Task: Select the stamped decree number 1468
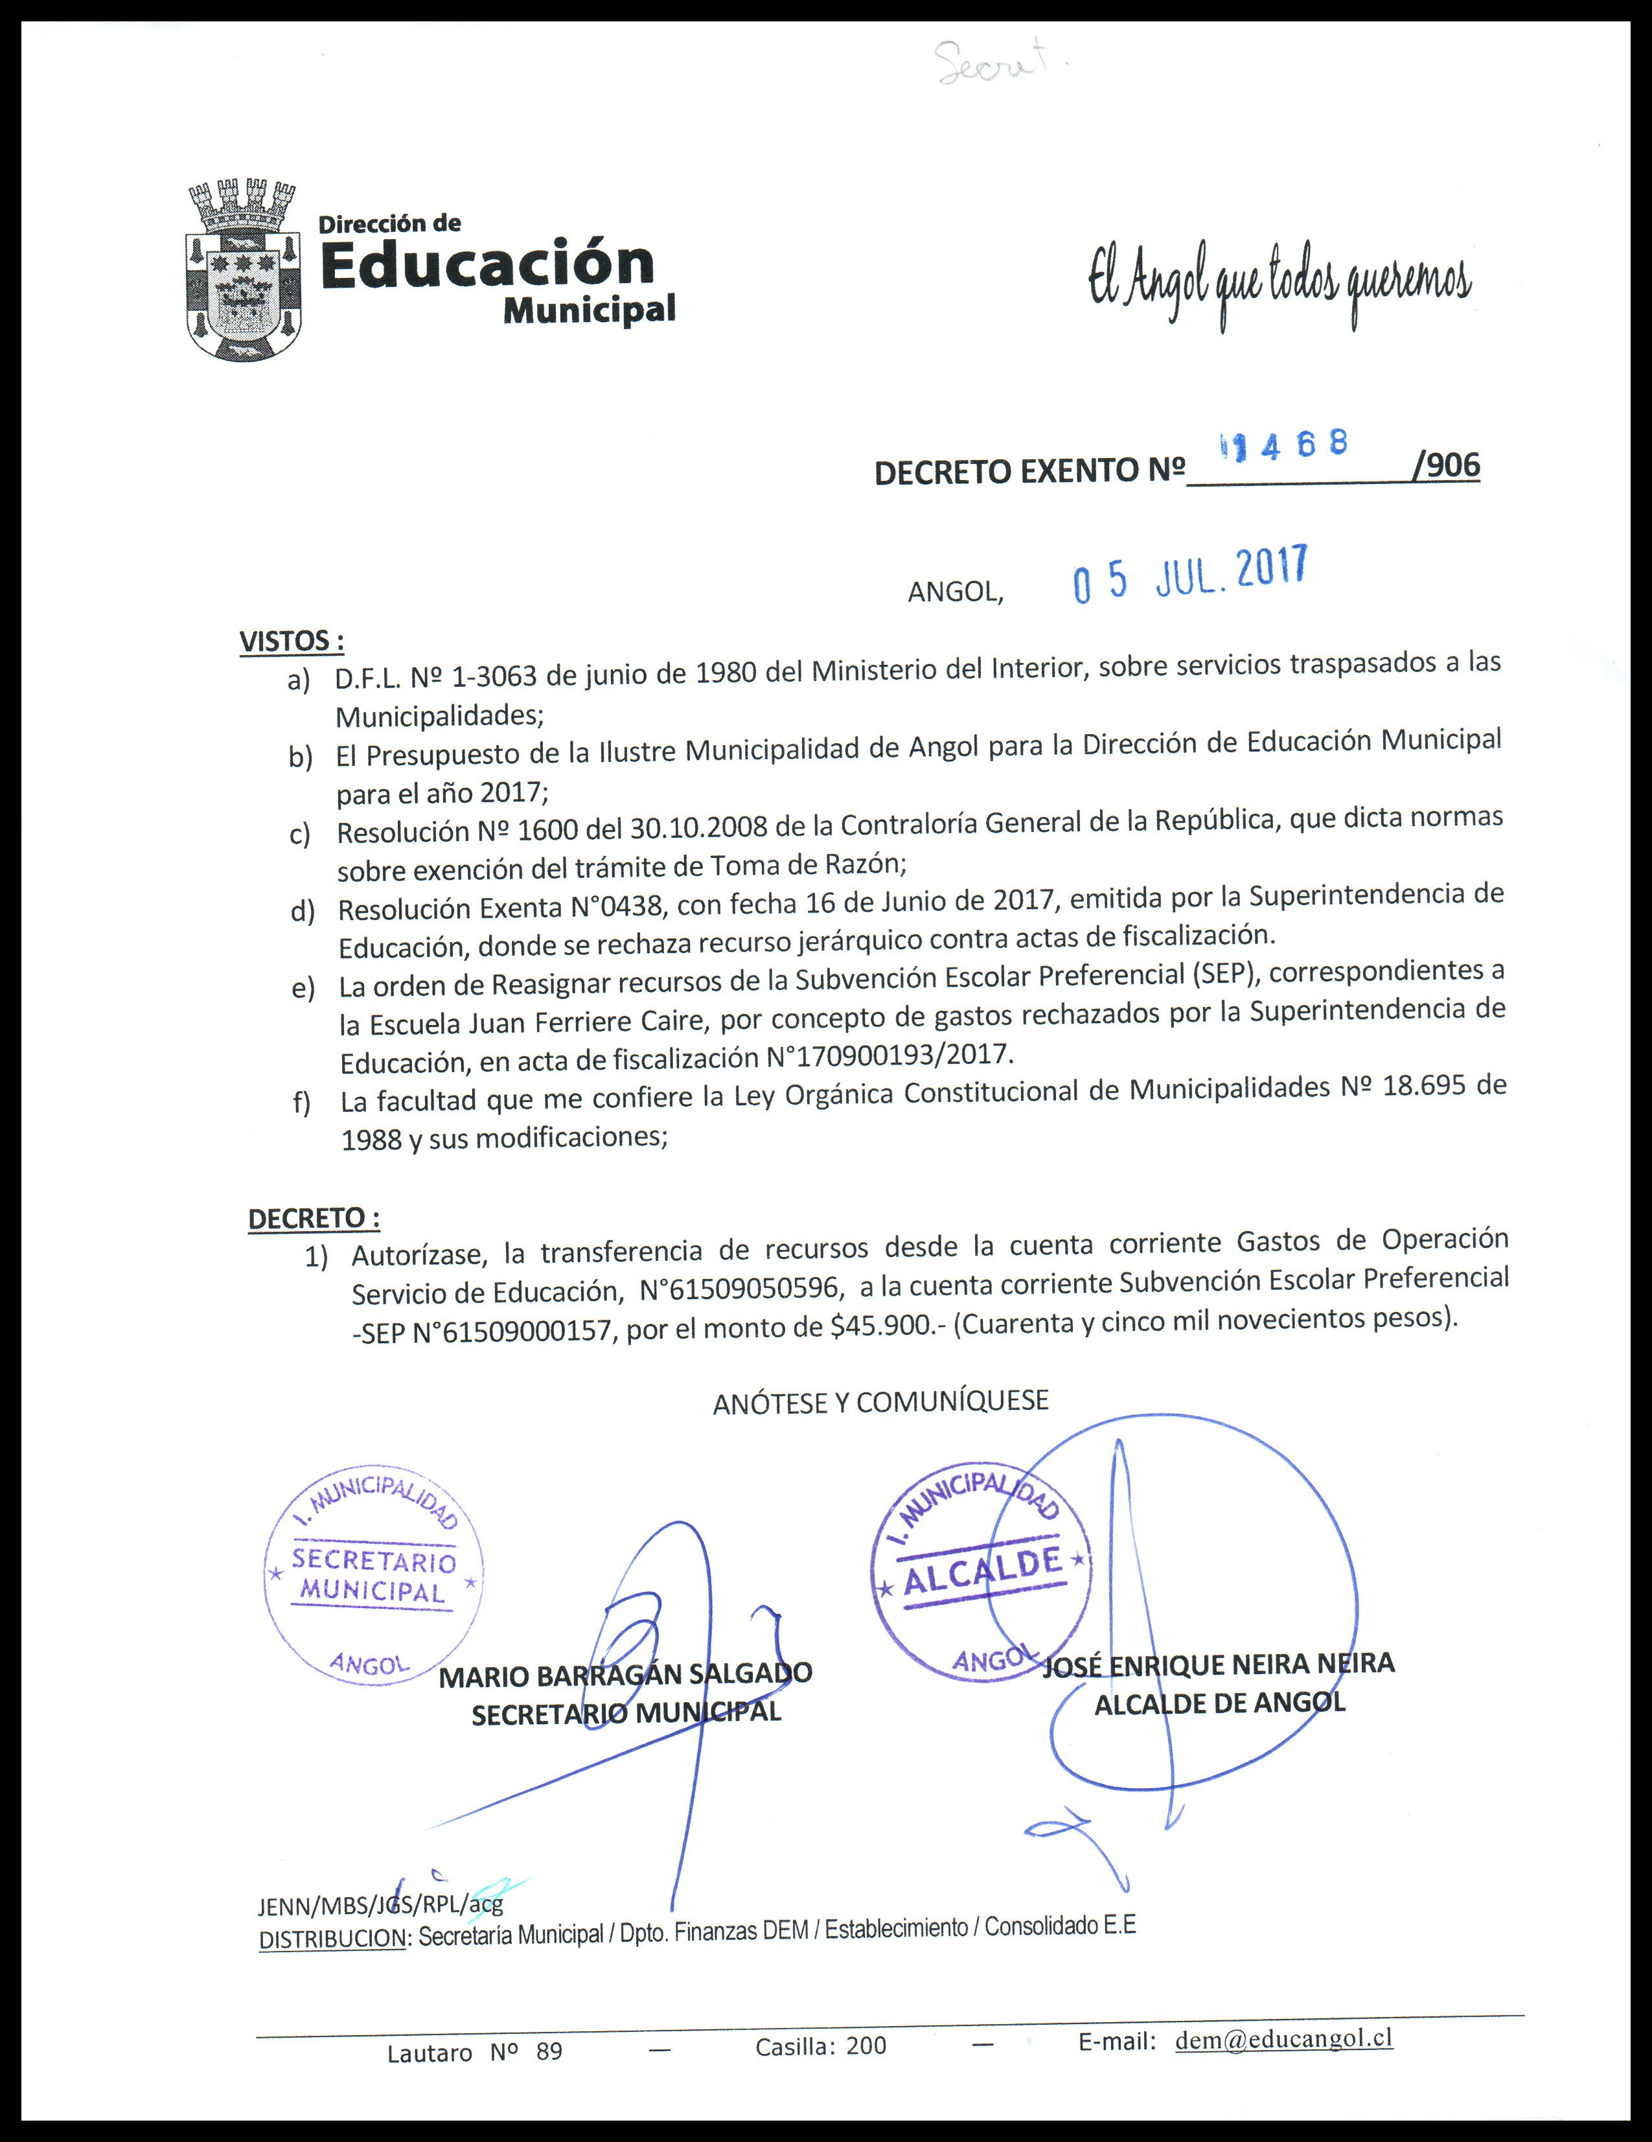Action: [1283, 446]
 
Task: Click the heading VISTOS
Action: [291, 641]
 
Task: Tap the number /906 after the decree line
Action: [1445, 465]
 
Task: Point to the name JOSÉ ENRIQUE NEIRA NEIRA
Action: [1218, 1665]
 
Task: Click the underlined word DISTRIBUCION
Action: [332, 1939]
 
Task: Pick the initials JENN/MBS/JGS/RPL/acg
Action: [380, 1906]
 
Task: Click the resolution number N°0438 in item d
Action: [619, 907]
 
